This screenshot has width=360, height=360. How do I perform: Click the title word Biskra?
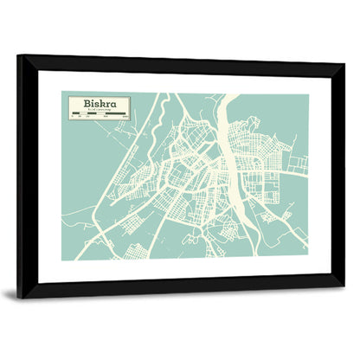pyautogui.click(x=95, y=103)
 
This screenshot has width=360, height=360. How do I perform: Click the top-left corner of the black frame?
pyautogui.click(x=19, y=57)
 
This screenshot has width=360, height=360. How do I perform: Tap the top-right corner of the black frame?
pyautogui.click(x=343, y=63)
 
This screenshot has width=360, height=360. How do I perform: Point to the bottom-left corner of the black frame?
pyautogui.click(x=19, y=296)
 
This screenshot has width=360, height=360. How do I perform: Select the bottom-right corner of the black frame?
pyautogui.click(x=343, y=286)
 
